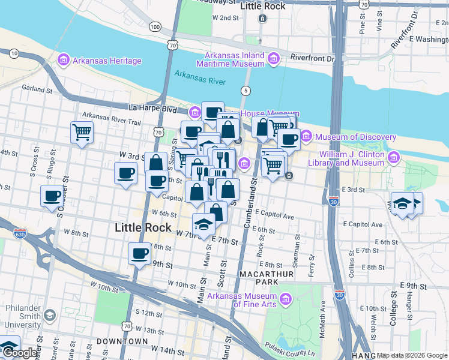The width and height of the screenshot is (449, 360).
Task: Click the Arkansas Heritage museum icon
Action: [x=64, y=61]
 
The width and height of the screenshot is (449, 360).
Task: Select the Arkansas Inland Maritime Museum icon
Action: [x=274, y=59]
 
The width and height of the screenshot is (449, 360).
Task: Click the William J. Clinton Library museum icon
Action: [x=394, y=157]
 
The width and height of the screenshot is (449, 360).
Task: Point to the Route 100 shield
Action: [x=155, y=27]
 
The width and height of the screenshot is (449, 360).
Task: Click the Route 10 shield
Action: [x=14, y=53]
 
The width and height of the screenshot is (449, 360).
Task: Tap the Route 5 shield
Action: [x=245, y=91]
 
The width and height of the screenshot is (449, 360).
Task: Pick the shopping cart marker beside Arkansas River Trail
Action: [x=82, y=133]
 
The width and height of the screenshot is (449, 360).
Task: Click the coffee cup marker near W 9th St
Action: [x=139, y=253]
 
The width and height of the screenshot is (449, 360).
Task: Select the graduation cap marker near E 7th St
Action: [x=203, y=224]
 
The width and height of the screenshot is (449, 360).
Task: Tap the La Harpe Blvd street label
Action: [x=153, y=109]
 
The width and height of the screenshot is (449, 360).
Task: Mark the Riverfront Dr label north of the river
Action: [x=312, y=59]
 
